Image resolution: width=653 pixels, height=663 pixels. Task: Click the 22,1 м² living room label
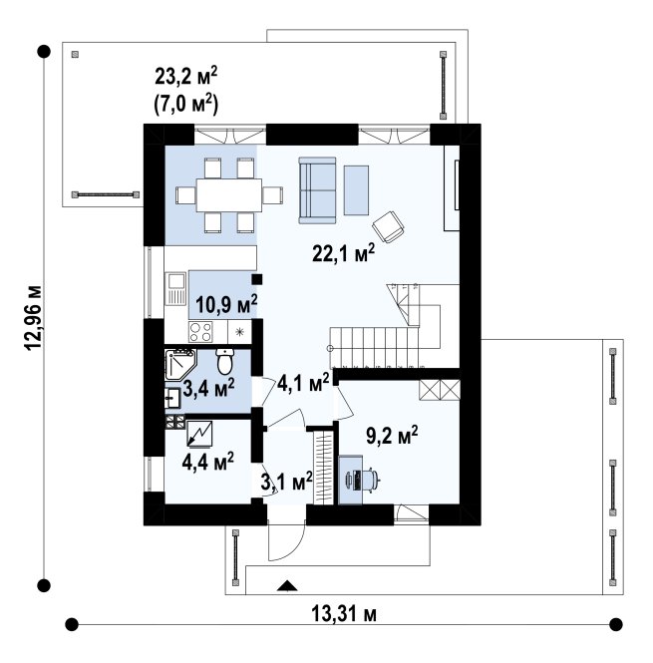[x=343, y=253]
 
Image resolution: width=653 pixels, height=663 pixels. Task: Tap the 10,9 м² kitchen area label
[x=226, y=304]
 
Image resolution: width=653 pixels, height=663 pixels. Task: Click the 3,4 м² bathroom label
[x=208, y=387]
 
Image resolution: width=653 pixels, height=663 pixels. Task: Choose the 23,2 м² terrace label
[x=186, y=77]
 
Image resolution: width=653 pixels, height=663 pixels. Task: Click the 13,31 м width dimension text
[x=344, y=613]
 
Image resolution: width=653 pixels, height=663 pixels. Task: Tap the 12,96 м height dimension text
[x=34, y=318]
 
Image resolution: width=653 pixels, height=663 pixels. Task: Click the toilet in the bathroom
[x=224, y=361]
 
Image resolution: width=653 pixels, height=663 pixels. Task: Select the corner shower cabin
[x=179, y=364]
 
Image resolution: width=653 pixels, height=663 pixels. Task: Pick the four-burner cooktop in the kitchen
[x=200, y=331]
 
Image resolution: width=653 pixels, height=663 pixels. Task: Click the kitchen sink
[x=175, y=288]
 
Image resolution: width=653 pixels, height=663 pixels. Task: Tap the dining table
[x=229, y=195]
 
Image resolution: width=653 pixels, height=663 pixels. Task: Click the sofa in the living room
[x=317, y=190]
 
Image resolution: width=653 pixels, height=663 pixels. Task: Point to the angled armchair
[x=388, y=226]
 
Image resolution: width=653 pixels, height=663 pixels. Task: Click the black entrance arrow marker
[x=287, y=585]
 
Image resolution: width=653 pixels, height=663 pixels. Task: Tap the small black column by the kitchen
[x=257, y=279]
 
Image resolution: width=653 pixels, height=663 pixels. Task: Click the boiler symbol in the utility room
[x=200, y=434]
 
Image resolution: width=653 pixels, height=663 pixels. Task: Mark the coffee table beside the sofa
[x=356, y=190]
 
